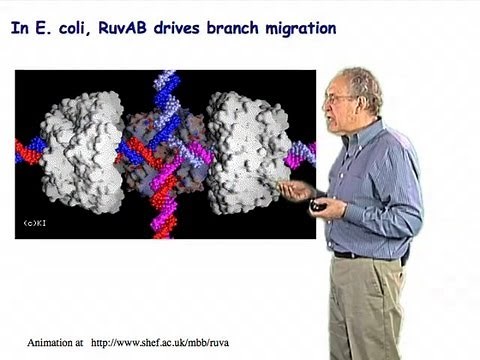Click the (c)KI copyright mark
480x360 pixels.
(37, 222)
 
